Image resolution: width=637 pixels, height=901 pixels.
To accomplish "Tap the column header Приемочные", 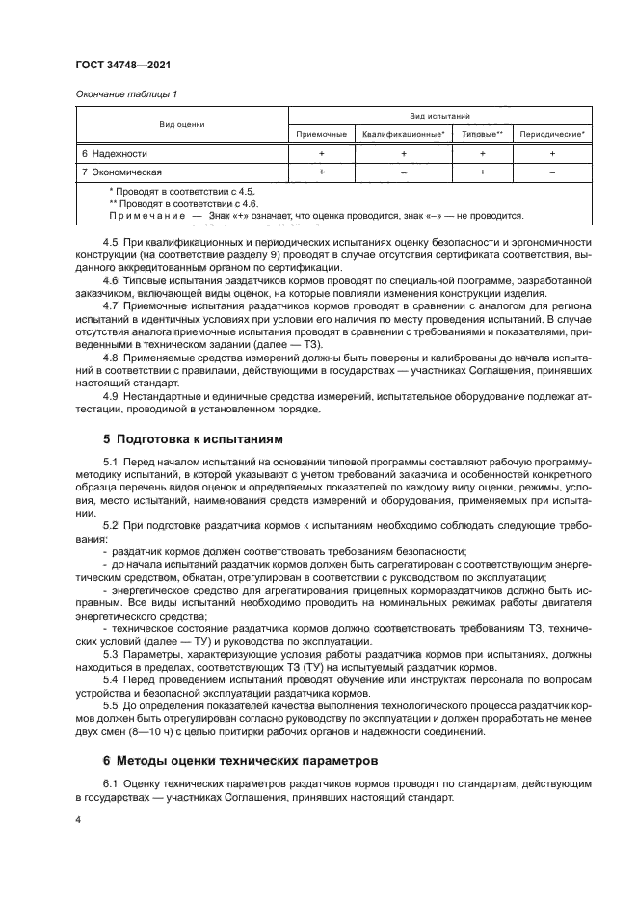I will click(x=320, y=134).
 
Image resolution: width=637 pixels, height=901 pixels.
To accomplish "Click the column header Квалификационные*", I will click(x=403, y=134).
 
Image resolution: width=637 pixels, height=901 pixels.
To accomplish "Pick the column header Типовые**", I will click(x=483, y=134).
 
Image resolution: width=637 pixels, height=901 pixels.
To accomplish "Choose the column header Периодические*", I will click(x=552, y=134).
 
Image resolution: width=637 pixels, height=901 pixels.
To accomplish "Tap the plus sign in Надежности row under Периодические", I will click(x=552, y=154).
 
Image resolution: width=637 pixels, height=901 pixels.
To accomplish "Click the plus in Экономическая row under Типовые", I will click(x=483, y=172).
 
